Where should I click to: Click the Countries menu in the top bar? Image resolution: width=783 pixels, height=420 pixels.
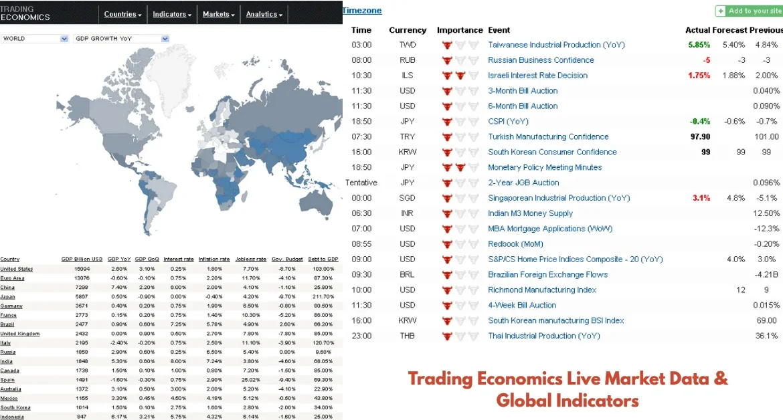(122, 14)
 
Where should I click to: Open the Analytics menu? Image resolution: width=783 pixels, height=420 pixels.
(264, 14)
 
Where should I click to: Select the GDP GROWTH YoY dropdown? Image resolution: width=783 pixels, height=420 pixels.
(121, 39)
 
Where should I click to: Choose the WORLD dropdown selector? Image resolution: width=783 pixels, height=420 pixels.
(35, 39)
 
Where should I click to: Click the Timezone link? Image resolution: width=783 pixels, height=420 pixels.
(362, 11)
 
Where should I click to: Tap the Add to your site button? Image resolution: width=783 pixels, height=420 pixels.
(748, 11)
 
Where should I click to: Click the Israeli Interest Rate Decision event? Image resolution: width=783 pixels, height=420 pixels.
(537, 76)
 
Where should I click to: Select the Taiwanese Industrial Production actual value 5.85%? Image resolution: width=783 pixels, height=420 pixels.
(699, 45)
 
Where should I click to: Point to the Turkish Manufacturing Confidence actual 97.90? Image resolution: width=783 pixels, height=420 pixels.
(700, 136)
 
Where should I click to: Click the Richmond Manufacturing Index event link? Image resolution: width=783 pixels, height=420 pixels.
(542, 290)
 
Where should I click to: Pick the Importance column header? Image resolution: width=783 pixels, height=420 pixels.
(460, 30)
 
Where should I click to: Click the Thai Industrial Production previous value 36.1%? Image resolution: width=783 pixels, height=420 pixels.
(767, 336)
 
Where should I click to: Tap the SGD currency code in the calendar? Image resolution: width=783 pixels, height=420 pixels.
(407, 198)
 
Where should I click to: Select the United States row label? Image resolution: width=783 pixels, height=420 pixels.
(17, 269)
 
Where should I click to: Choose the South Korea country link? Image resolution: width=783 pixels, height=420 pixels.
(15, 407)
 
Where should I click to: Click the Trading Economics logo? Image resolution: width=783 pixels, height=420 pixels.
(25, 13)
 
